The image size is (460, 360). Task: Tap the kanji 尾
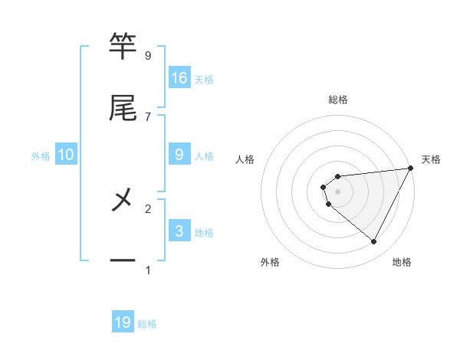click(x=123, y=108)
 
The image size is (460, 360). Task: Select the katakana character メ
click(x=123, y=200)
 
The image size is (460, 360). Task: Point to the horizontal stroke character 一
click(x=123, y=261)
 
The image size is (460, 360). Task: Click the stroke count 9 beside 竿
click(x=148, y=55)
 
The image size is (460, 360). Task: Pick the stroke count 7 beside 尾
click(x=148, y=116)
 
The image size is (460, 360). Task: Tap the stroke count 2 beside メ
click(x=148, y=208)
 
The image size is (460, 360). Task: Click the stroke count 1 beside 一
click(x=148, y=270)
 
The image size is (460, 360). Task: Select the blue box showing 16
click(x=179, y=77)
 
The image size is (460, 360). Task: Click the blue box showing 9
click(x=179, y=155)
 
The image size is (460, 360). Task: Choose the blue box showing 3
click(x=179, y=231)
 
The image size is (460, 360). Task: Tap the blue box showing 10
click(x=66, y=155)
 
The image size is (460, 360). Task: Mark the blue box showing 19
click(x=123, y=322)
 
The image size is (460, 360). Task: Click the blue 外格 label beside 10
click(x=41, y=156)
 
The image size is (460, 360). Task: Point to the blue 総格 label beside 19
click(x=147, y=324)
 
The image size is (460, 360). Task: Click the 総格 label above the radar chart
click(x=338, y=100)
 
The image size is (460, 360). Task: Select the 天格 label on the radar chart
click(x=432, y=159)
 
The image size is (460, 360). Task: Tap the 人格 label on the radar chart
click(x=245, y=159)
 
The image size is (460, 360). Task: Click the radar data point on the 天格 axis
click(x=410, y=169)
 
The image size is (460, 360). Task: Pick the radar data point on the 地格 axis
click(x=373, y=242)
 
